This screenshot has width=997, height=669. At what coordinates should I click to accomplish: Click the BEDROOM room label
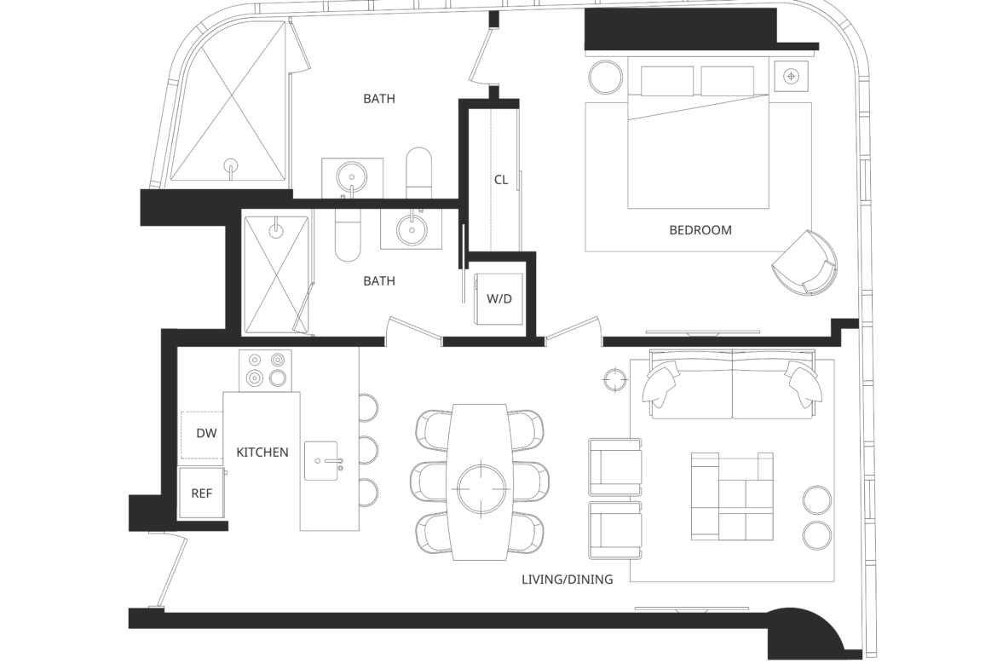click(x=700, y=230)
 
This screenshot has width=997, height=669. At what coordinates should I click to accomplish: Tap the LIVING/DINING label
click(x=568, y=580)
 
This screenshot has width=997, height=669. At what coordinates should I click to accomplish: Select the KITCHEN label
click(x=262, y=453)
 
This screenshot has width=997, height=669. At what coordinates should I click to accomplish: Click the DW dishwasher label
click(x=206, y=433)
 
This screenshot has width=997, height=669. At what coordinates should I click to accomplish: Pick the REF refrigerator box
click(x=202, y=493)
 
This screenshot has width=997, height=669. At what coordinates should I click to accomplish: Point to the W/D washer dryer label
click(x=499, y=298)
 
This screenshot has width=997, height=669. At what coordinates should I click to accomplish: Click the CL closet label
click(x=501, y=180)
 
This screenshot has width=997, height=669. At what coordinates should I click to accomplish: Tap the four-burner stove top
click(x=265, y=370)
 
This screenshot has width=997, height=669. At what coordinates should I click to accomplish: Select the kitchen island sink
click(x=321, y=460)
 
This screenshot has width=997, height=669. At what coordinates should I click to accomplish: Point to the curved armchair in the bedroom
click(x=805, y=263)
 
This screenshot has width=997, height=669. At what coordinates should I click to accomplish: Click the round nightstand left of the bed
click(x=606, y=78)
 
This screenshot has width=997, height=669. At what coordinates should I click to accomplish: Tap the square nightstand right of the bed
click(x=791, y=77)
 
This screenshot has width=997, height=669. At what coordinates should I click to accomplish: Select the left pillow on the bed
click(x=667, y=80)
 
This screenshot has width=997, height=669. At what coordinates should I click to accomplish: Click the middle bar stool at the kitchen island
click(x=368, y=450)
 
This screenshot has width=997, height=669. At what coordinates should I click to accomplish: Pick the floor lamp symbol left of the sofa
click(x=615, y=379)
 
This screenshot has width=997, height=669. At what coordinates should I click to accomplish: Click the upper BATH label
click(x=379, y=99)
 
